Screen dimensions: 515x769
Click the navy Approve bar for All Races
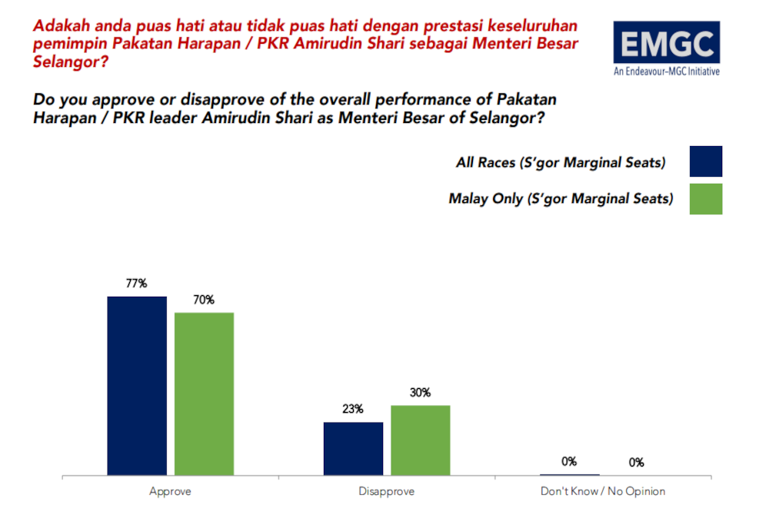point(137,386)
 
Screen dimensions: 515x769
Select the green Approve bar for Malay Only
point(204,394)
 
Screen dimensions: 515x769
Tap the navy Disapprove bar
point(353,449)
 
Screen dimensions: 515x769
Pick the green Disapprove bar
point(420,440)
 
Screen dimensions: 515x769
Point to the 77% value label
point(137,284)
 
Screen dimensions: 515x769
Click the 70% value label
point(204,300)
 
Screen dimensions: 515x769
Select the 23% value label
point(353,410)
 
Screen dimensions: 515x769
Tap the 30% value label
point(420,393)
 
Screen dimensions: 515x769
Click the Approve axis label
point(170,491)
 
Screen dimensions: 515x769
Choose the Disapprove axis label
point(386,491)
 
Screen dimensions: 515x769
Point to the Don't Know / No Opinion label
point(602,491)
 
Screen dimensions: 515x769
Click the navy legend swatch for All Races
point(706,161)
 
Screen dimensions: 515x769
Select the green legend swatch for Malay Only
point(706,198)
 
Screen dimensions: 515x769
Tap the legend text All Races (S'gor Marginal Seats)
point(560,162)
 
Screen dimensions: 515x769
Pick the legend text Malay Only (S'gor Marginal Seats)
point(561,198)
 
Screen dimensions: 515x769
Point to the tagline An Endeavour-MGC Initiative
point(666,72)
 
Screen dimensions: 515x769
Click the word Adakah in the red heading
point(59,25)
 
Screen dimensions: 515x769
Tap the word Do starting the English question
point(44,100)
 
